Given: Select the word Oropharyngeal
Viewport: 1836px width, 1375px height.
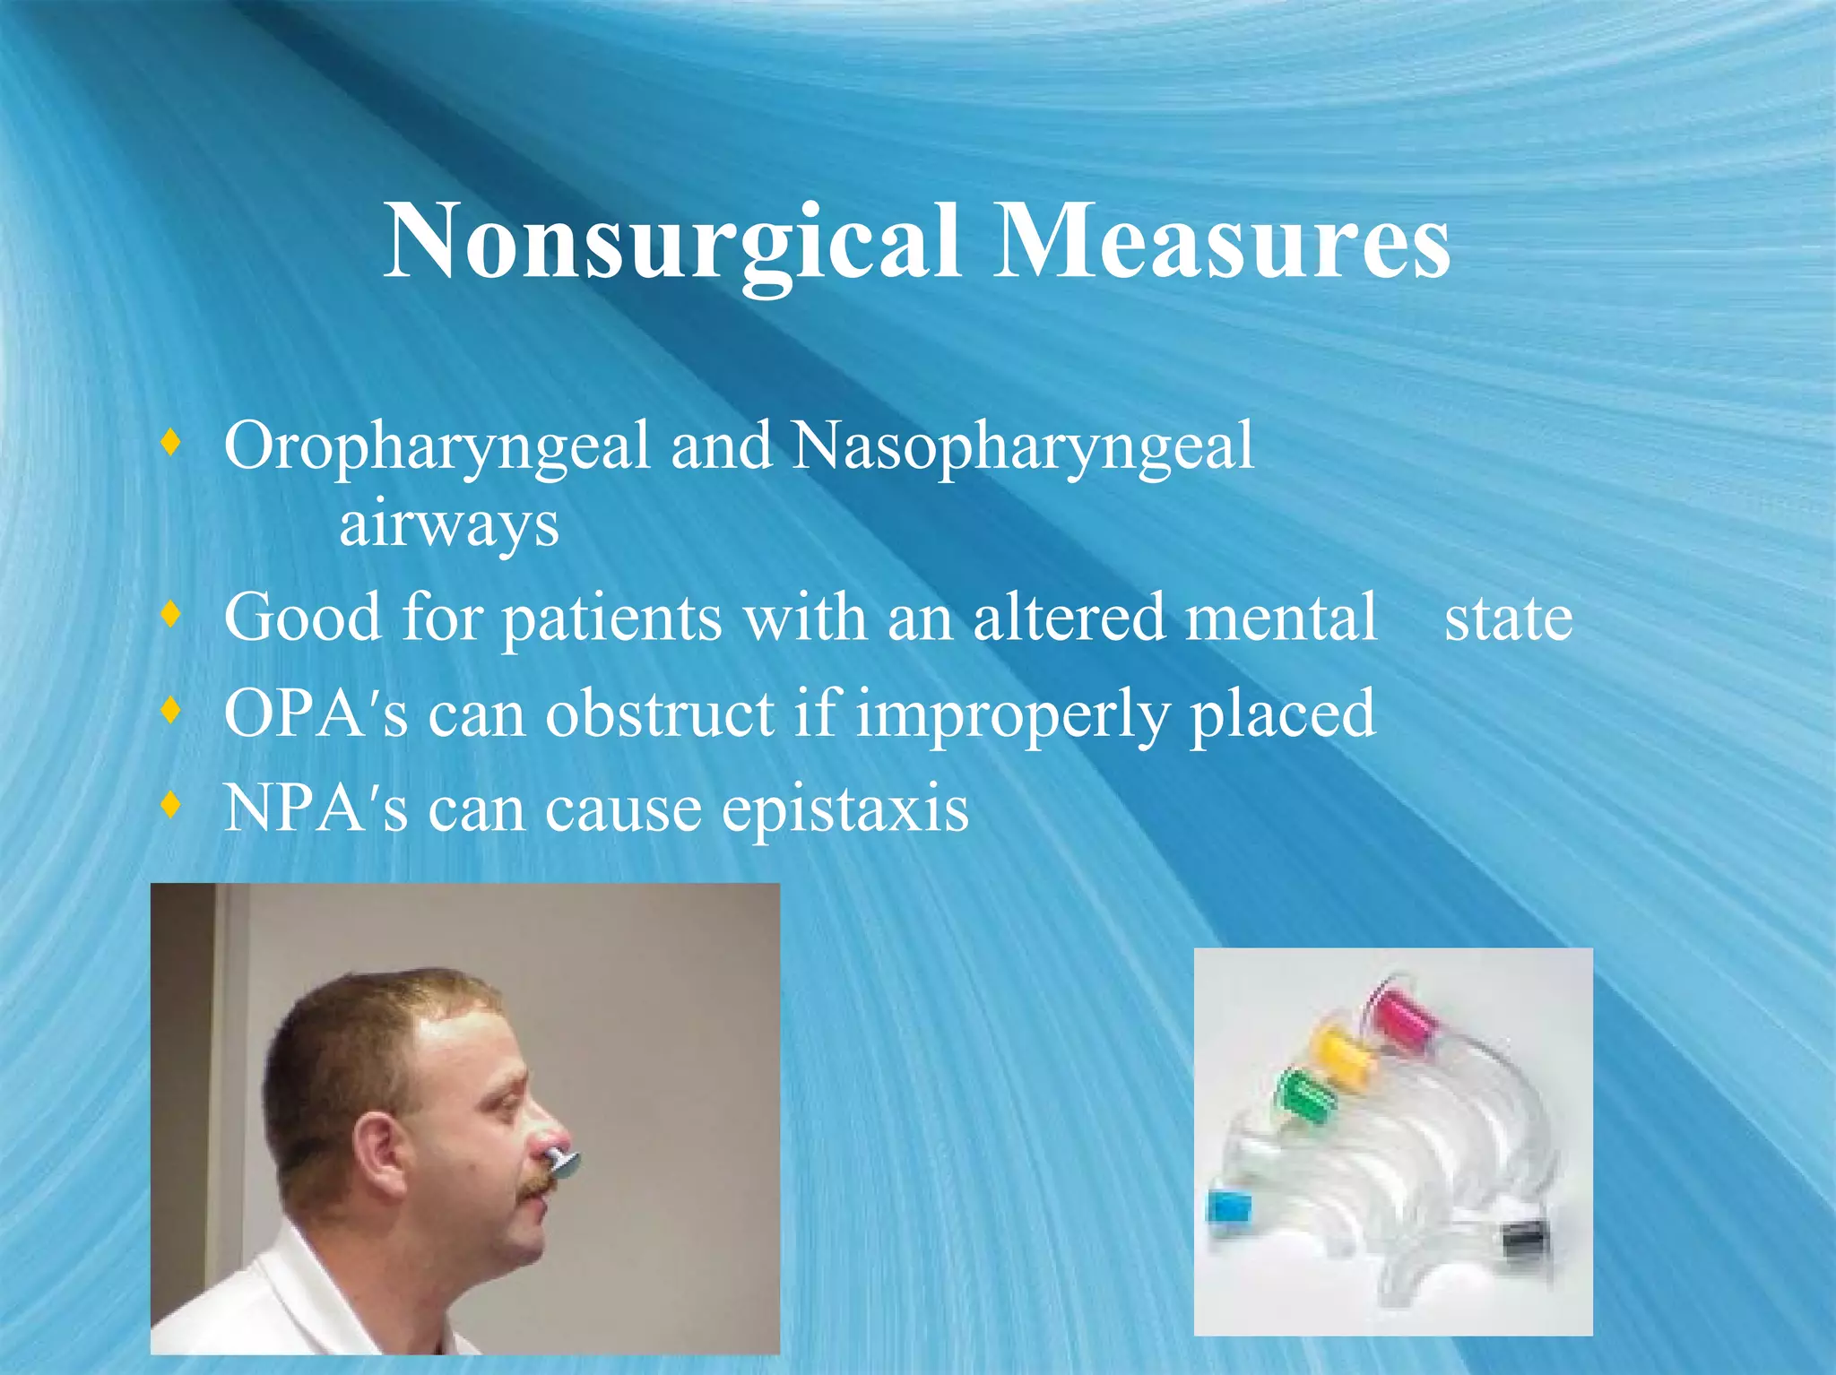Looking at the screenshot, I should point(437,447).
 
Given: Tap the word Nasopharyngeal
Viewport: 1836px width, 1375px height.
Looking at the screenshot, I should point(1022,447).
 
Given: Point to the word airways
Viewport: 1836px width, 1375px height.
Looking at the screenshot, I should point(449,525).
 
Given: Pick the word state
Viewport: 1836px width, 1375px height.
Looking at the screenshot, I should point(1508,618).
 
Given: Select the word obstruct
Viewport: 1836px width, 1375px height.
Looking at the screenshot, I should point(660,713).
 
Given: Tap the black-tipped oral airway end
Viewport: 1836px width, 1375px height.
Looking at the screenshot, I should point(1524,1241).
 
